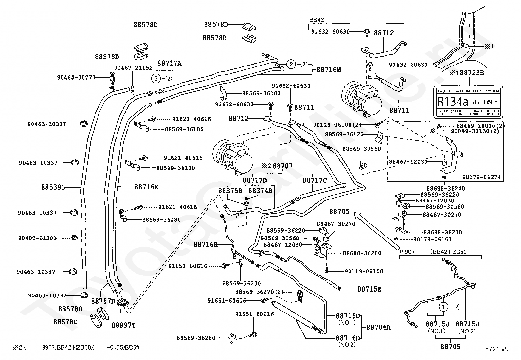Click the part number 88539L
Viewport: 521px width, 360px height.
coord(53,187)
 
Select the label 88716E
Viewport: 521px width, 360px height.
coord(146,187)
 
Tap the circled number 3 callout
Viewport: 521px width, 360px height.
coord(156,79)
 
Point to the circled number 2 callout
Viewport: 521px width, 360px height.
coord(291,64)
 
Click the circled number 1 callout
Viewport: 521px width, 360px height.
coord(443,307)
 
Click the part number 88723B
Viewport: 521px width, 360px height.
coord(472,73)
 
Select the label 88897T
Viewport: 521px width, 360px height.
coord(123,325)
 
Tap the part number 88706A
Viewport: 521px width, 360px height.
coord(379,327)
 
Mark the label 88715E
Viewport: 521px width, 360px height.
coord(369,289)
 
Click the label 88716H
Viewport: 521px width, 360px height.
coord(205,244)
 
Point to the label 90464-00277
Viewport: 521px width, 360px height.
coord(76,77)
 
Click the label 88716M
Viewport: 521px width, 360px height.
coord(329,69)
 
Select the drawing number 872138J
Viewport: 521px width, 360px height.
coord(498,350)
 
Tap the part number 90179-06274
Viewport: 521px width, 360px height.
coord(481,177)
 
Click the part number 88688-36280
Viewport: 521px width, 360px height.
coord(362,253)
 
